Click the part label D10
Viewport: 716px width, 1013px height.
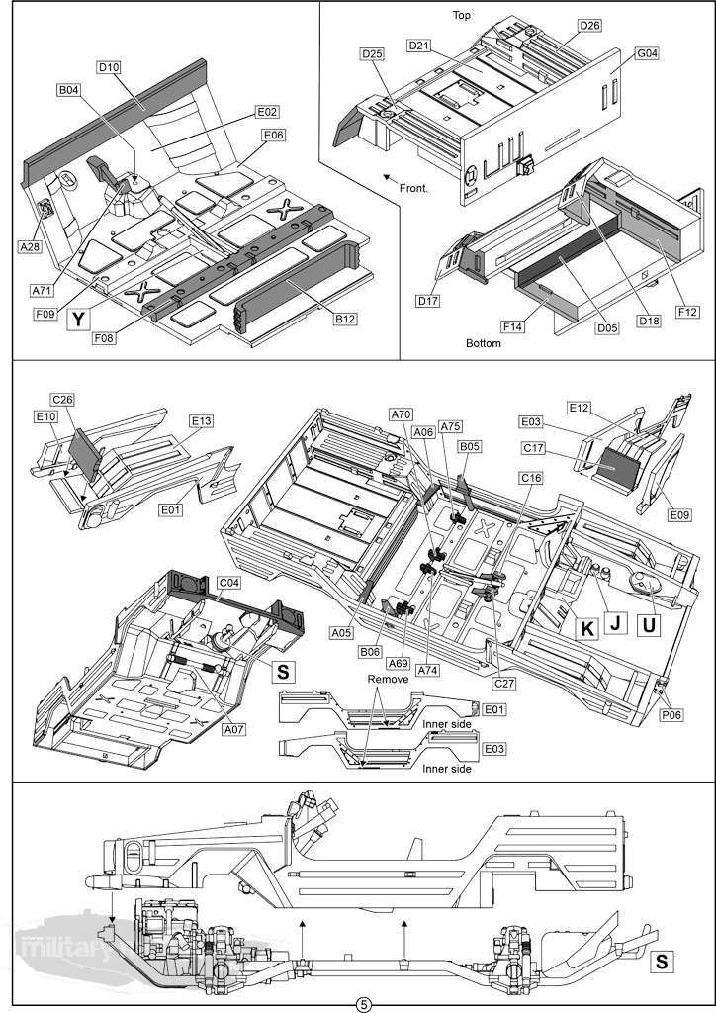pyautogui.click(x=108, y=67)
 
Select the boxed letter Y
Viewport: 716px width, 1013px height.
pyautogui.click(x=78, y=318)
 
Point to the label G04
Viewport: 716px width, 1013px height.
pyautogui.click(x=647, y=54)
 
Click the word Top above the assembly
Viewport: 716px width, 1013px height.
pyautogui.click(x=461, y=15)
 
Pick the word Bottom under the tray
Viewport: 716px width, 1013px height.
pyautogui.click(x=484, y=343)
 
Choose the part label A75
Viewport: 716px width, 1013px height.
pyautogui.click(x=451, y=427)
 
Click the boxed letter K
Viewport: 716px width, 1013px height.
pyautogui.click(x=585, y=627)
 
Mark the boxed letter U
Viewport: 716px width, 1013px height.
pyautogui.click(x=650, y=626)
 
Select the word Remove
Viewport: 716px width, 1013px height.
pyautogui.click(x=387, y=680)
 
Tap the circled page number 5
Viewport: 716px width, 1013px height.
pyautogui.click(x=363, y=1004)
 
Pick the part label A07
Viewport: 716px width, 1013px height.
pyautogui.click(x=233, y=728)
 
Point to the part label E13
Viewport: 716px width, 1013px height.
pyautogui.click(x=202, y=420)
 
